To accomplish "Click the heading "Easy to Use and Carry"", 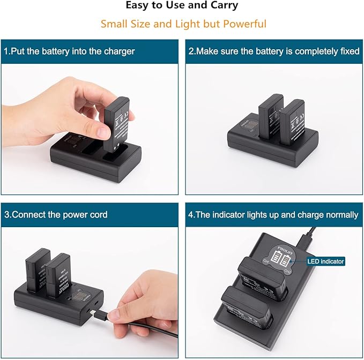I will click(182, 6).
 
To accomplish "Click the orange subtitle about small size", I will click(182, 24).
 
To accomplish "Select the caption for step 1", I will click(69, 51).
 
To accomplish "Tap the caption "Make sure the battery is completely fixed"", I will click(273, 51).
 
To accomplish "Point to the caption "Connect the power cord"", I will click(56, 214).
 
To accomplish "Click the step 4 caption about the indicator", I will click(273, 214).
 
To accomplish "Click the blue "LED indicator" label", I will click(325, 261).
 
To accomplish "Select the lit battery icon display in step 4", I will click(281, 258).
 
